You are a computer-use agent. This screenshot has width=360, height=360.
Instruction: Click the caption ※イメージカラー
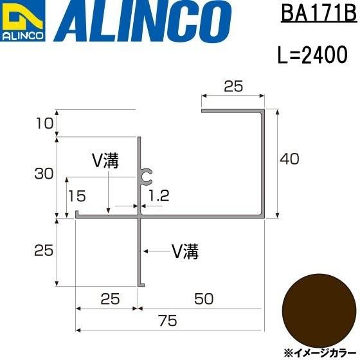(x=318, y=352)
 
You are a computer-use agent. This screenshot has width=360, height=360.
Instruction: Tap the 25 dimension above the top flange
(x=233, y=85)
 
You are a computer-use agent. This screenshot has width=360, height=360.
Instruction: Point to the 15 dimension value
(x=78, y=194)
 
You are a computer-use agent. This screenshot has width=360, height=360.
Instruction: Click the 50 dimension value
(x=203, y=299)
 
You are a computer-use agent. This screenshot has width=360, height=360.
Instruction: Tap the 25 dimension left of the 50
(x=109, y=299)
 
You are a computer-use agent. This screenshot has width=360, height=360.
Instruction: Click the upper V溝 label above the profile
(x=107, y=161)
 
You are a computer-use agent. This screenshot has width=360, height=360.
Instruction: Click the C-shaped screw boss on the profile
(x=147, y=174)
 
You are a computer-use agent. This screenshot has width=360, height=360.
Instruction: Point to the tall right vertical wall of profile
(x=262, y=164)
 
